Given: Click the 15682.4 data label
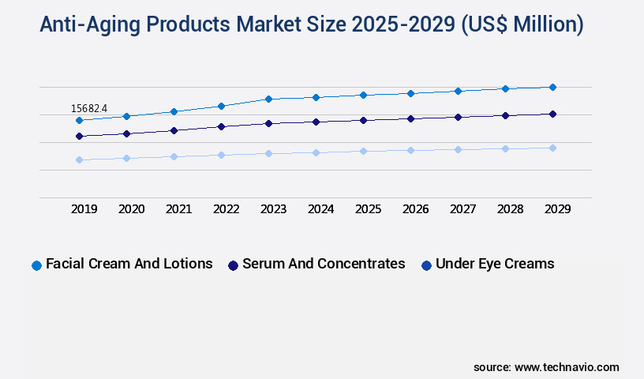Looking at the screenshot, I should tap(89, 108).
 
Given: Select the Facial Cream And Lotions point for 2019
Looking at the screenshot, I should tap(79, 120).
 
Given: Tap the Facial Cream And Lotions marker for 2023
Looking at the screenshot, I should tap(268, 99).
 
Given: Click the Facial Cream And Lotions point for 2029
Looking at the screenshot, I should tap(552, 87).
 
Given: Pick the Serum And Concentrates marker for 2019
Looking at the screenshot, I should tap(79, 136).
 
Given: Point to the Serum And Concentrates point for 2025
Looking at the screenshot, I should tap(363, 120).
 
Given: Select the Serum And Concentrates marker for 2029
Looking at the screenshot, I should tap(552, 114).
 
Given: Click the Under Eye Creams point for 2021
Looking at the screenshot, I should tap(174, 156).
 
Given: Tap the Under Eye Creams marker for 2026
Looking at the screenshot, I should tap(410, 150).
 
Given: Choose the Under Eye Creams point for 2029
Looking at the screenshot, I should tap(552, 148).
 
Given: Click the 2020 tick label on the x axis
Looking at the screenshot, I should tap(131, 209).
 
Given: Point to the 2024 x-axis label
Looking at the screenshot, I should tap(320, 209).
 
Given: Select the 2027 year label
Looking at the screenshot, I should tap(462, 209).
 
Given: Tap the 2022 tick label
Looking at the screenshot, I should tap(226, 209).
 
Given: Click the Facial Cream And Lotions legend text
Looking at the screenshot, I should tap(129, 264).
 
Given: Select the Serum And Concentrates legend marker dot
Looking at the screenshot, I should tap(233, 265).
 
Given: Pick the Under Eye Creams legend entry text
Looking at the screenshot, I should tap(495, 264).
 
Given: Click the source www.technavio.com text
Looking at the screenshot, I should tap(546, 367).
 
